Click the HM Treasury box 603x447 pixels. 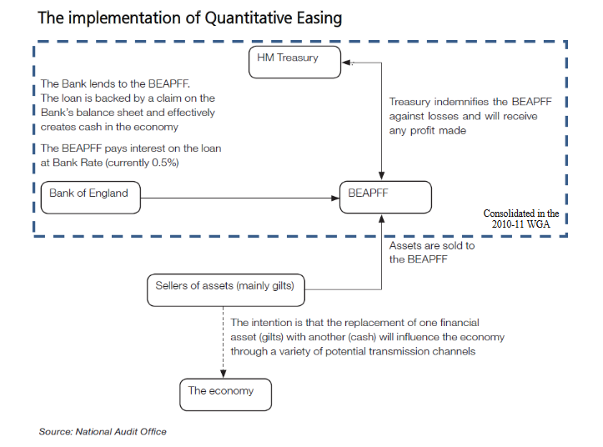tap(295, 62)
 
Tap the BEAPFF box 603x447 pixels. tap(385, 198)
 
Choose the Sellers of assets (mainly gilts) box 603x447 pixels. tap(225, 287)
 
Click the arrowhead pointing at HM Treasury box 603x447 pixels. tap(349, 62)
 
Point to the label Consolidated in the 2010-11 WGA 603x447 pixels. tap(521, 219)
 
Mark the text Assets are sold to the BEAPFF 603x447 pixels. tap(432, 252)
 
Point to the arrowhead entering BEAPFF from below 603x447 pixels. tap(382, 217)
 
